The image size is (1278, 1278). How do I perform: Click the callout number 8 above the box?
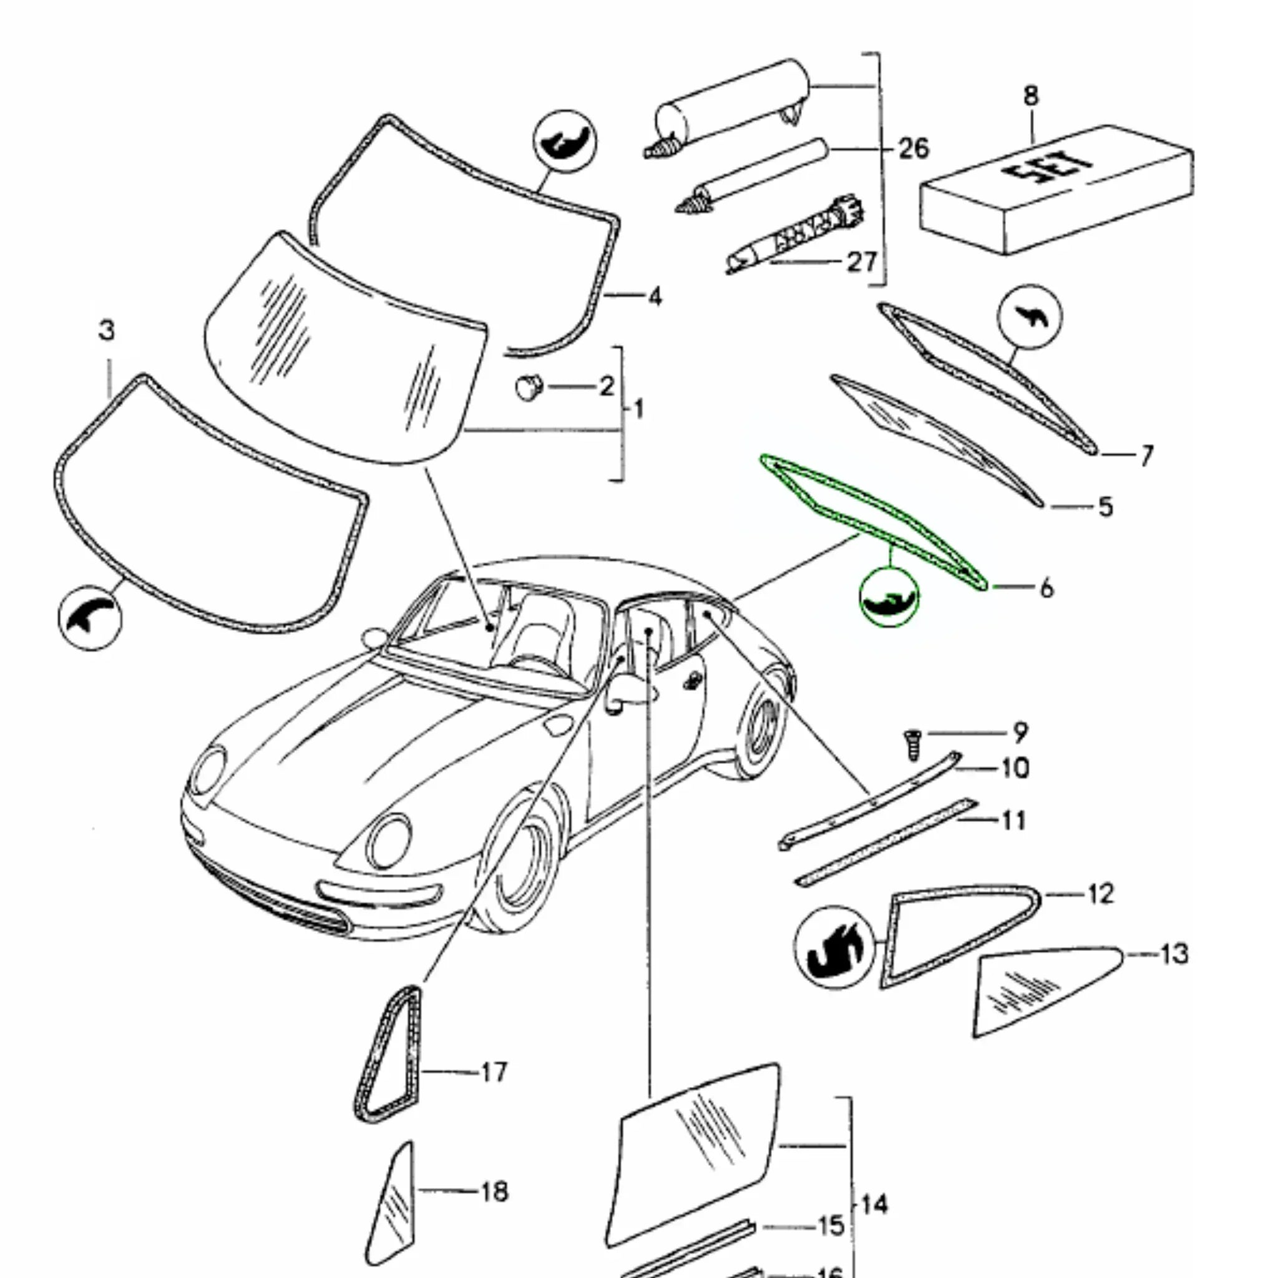[1031, 97]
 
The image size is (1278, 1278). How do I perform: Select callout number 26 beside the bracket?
[914, 148]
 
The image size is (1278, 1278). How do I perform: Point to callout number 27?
[862, 262]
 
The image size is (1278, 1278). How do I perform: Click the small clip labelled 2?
[529, 386]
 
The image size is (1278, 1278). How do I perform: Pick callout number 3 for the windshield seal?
[107, 330]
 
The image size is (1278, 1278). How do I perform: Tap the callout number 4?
[654, 296]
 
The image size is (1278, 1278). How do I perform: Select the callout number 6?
[1046, 587]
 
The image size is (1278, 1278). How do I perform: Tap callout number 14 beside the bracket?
[874, 1204]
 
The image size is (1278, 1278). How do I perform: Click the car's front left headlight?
[389, 841]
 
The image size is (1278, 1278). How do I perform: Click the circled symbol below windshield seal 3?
[90, 618]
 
